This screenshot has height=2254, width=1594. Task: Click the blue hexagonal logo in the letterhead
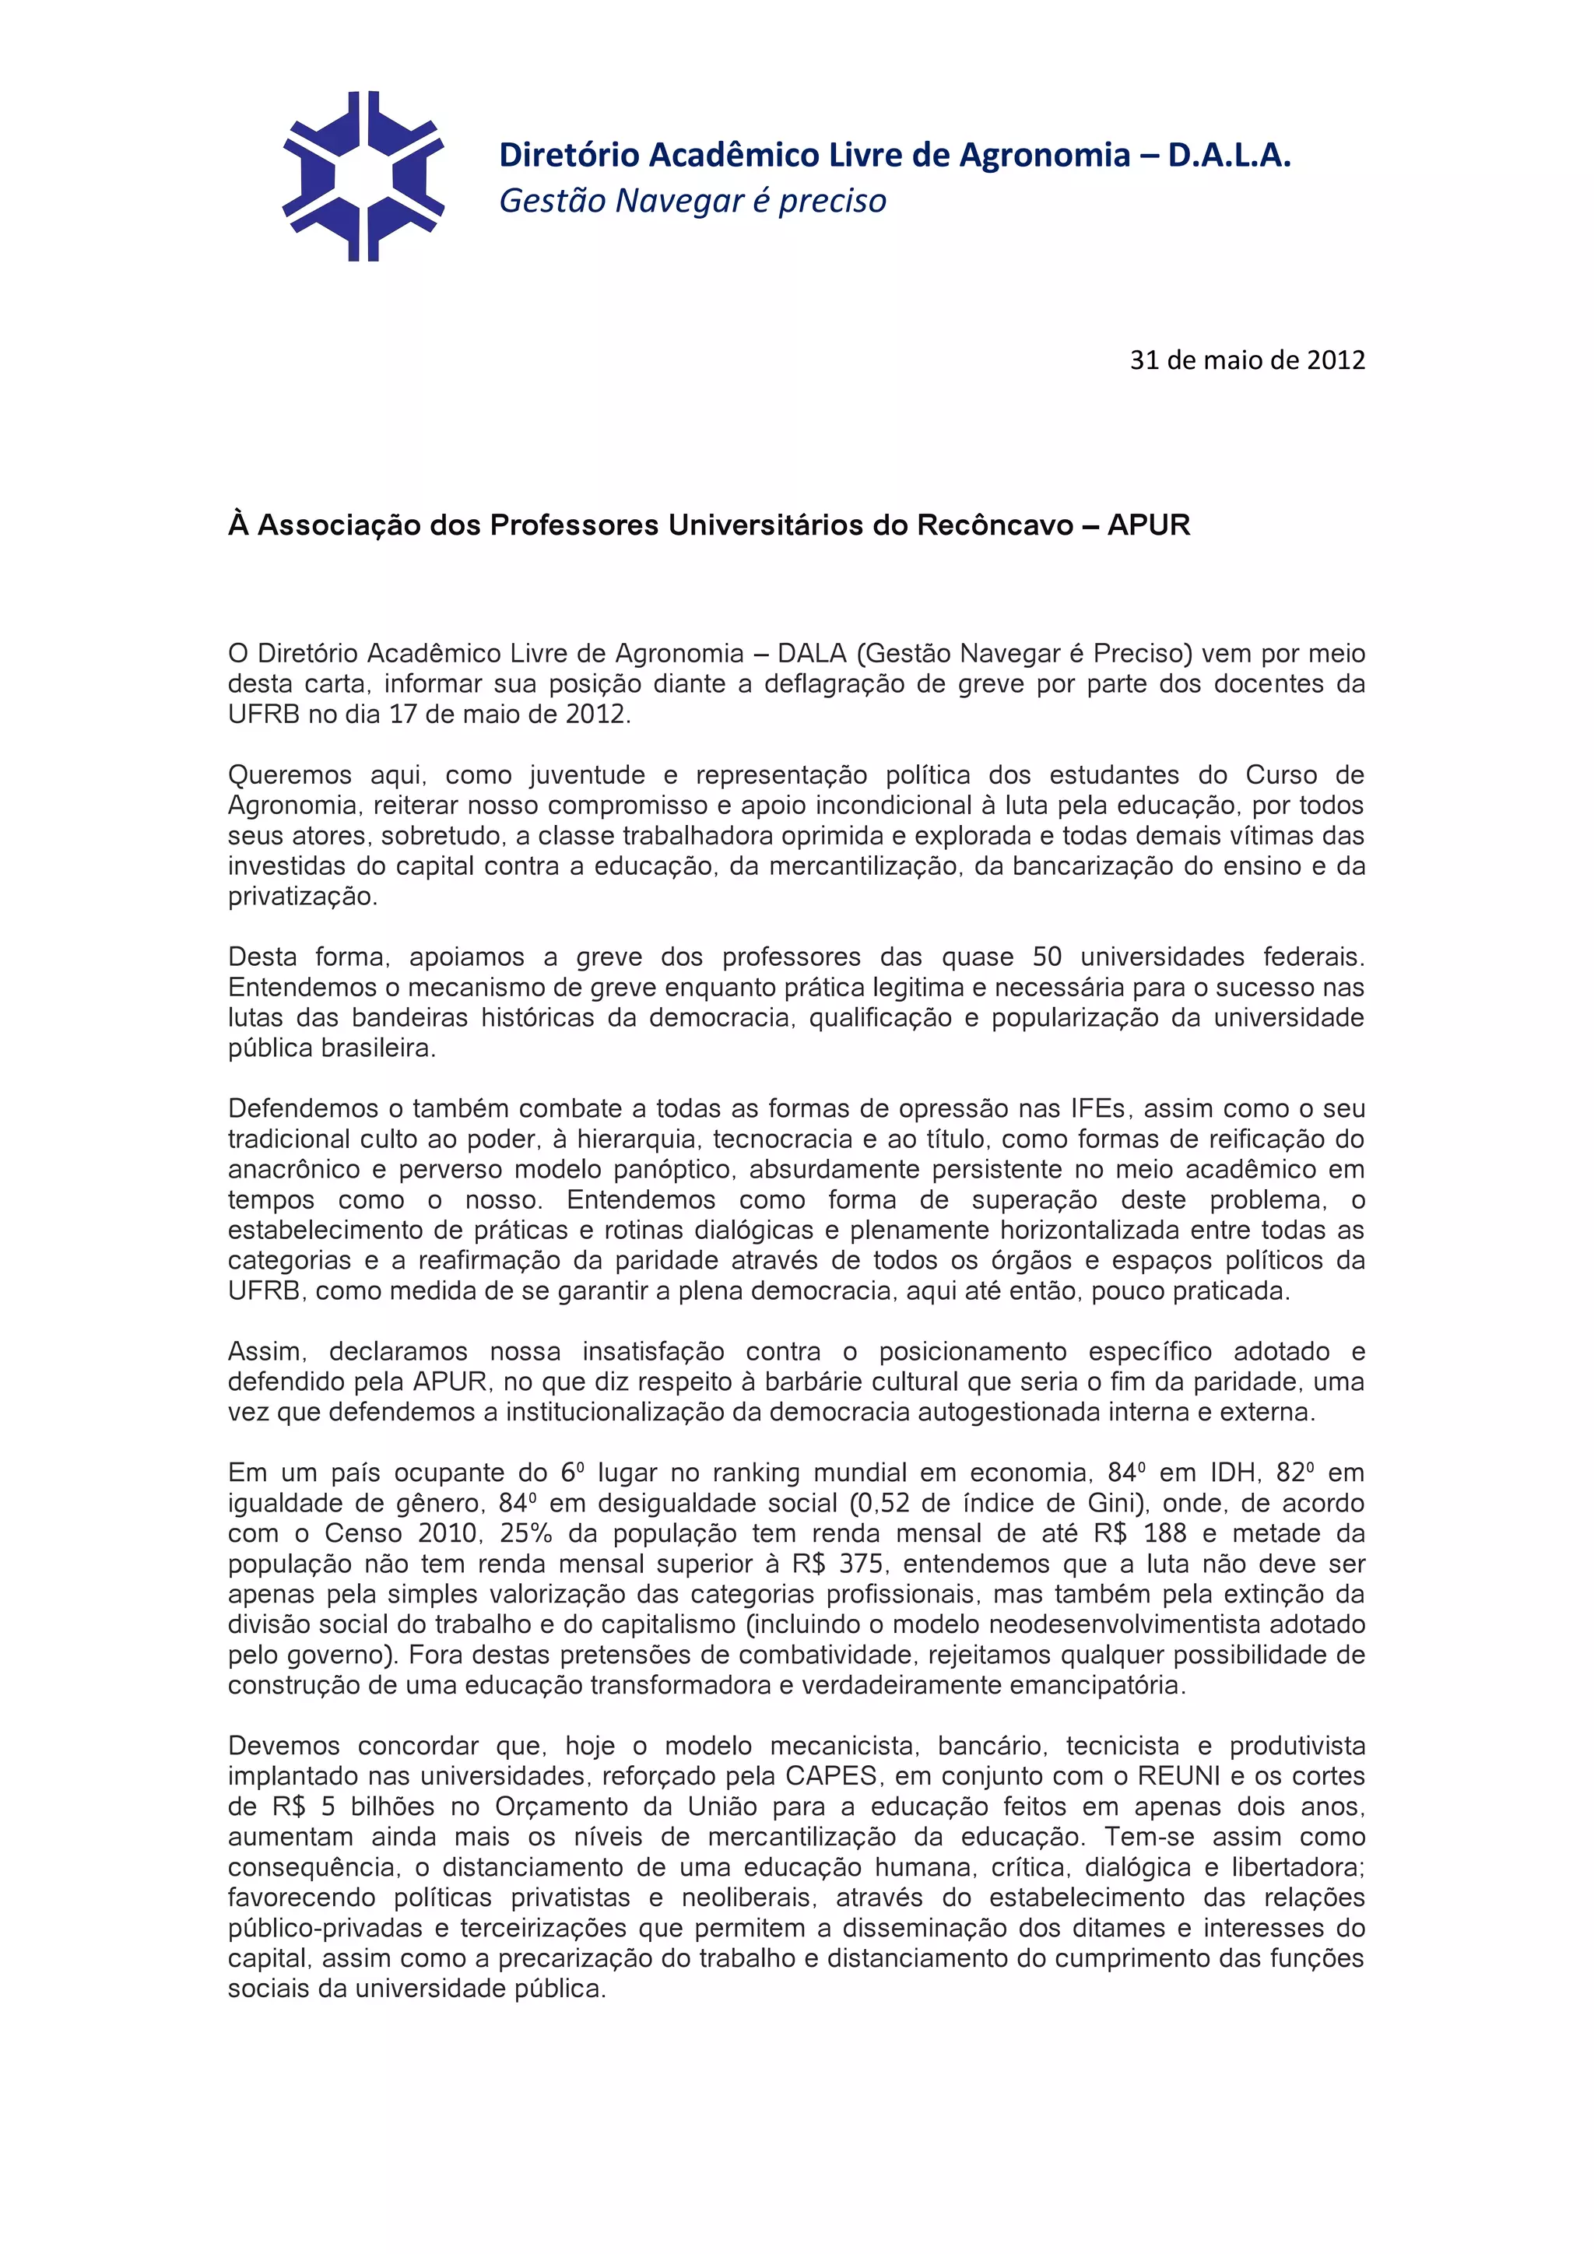tap(363, 177)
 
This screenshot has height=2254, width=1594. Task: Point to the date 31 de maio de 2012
tap(1247, 360)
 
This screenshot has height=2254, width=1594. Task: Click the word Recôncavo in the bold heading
tap(995, 526)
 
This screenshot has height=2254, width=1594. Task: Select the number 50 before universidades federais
tap(1048, 957)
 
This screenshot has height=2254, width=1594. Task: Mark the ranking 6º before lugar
tap(572, 1473)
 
